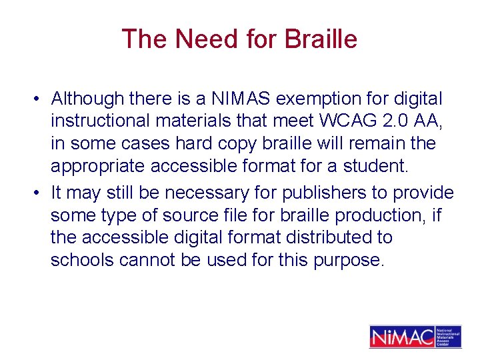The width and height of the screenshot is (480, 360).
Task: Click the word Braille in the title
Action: point(321,39)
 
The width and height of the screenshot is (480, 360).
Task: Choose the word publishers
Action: point(324,193)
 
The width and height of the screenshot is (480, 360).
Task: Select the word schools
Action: point(82,259)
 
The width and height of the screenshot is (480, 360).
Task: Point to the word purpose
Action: point(353,259)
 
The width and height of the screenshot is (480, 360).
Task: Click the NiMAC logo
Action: point(415,337)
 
